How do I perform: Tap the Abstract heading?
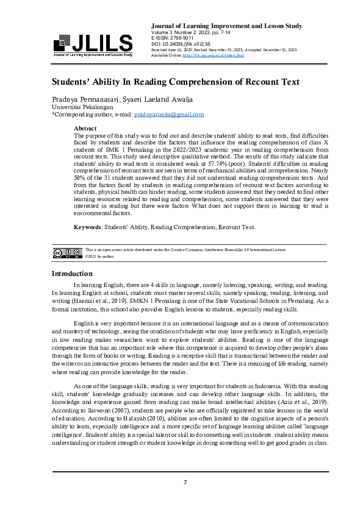coord(85,129)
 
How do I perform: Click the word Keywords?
coord(87,227)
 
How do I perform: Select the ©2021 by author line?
coord(101,256)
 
